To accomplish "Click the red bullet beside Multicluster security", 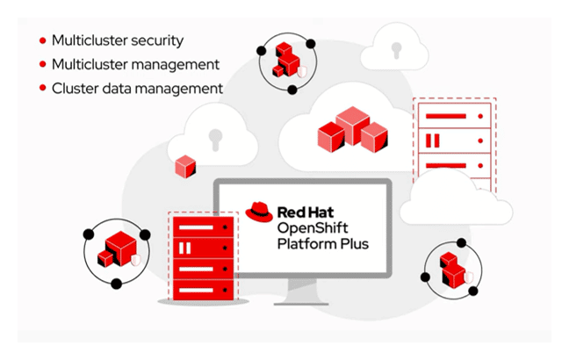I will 43,40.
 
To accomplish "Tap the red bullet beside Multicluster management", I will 43,64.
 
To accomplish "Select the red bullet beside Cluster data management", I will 43,89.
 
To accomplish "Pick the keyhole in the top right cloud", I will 394,47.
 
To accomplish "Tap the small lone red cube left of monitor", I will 185,165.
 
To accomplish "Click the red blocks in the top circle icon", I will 284,58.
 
